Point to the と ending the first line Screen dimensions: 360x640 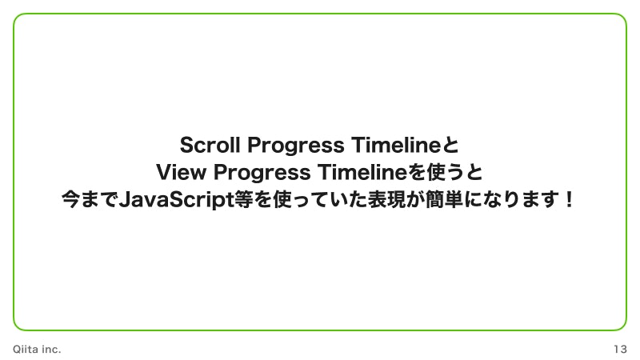click(x=450, y=146)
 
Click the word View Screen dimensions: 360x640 click(x=181, y=172)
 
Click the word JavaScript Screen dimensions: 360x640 click(x=170, y=198)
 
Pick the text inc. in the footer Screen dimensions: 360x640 click(x=51, y=350)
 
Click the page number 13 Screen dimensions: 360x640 click(x=620, y=350)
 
